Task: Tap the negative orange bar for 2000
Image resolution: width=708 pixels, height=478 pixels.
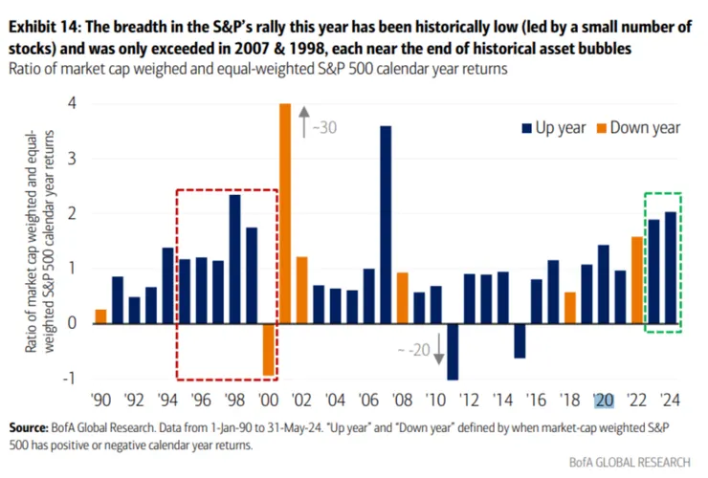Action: click(268, 349)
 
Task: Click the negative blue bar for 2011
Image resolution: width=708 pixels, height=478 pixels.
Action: click(453, 351)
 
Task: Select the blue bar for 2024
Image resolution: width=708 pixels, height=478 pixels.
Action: click(671, 268)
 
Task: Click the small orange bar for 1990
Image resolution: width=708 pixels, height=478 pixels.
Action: click(100, 315)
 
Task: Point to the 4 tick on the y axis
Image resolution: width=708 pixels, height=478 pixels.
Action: click(72, 103)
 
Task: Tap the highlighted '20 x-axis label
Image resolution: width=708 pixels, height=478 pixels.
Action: click(604, 401)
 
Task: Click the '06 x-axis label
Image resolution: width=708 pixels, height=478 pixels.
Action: click(368, 401)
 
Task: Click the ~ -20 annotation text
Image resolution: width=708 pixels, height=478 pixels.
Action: click(413, 350)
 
